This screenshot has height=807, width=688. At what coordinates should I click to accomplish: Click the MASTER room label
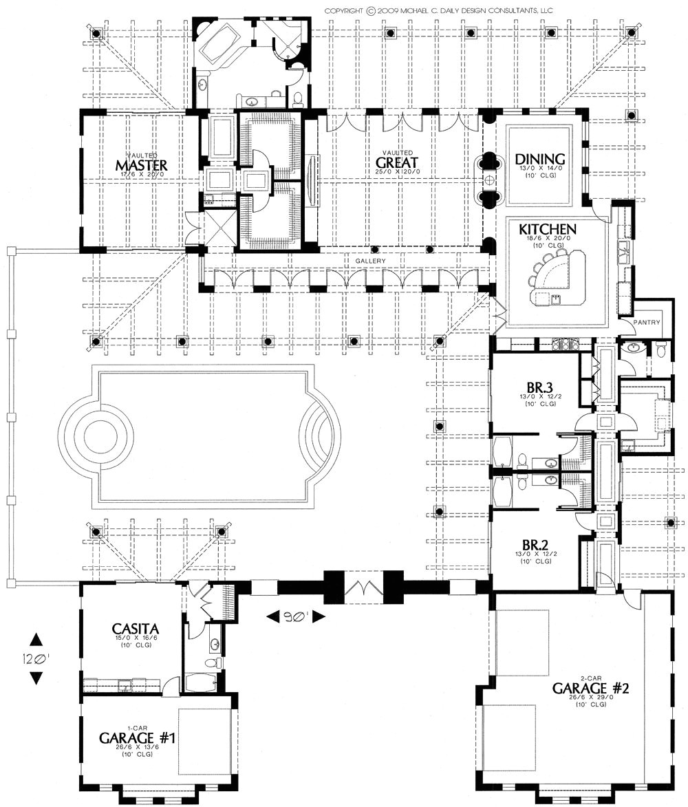[x=142, y=165]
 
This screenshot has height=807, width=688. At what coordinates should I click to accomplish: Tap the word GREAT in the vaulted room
[x=397, y=162]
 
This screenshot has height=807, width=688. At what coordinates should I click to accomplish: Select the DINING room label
[x=540, y=160]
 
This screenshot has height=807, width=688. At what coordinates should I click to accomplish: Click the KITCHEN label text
[x=548, y=228]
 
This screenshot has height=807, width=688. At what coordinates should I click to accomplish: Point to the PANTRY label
[x=647, y=322]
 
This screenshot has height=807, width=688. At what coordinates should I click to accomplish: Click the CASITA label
[x=136, y=628]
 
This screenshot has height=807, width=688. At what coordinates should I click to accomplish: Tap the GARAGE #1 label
[x=138, y=738]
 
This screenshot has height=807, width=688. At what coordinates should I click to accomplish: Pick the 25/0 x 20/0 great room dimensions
[x=397, y=172]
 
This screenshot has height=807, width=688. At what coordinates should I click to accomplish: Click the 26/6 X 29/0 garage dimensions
[x=588, y=697]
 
